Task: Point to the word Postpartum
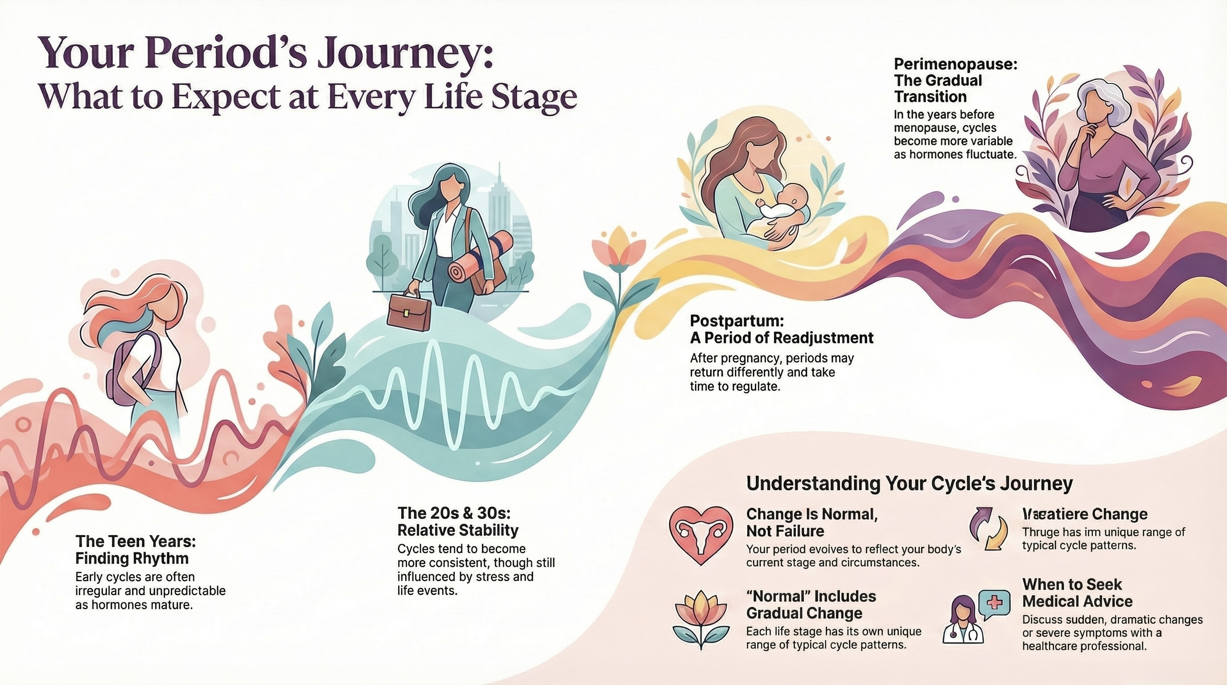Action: tap(737, 320)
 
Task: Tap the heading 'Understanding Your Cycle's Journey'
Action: tap(909, 483)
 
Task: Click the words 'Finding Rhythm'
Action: tap(132, 558)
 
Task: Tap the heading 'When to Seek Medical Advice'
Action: tap(1078, 593)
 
